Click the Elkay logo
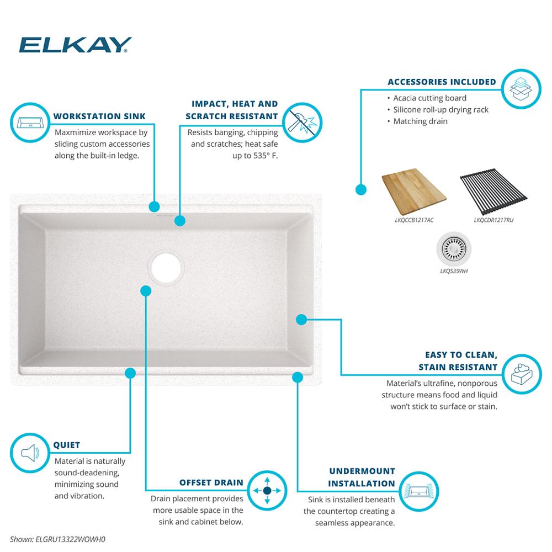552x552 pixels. tap(75, 45)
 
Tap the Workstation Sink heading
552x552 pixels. tap(99, 116)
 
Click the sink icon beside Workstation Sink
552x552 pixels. tap(30, 123)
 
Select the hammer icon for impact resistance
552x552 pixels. tap(302, 123)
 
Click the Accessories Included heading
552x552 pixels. tap(442, 82)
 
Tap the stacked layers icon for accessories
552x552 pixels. tap(521, 89)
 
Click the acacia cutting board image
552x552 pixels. tap(414, 192)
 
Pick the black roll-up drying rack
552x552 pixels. tap(493, 192)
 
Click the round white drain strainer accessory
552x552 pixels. tap(454, 248)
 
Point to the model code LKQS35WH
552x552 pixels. tap(454, 271)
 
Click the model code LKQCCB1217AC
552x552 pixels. tap(414, 220)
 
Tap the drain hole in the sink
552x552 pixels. tap(166, 267)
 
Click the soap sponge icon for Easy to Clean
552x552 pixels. tap(522, 374)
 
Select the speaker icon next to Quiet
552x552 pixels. tap(30, 453)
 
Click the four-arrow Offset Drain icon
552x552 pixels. tap(267, 490)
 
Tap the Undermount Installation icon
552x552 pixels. tap(419, 491)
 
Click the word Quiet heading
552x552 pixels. tap(67, 445)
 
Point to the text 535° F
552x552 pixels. tap(266, 156)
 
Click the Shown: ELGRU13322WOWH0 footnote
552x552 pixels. tap(57, 539)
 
